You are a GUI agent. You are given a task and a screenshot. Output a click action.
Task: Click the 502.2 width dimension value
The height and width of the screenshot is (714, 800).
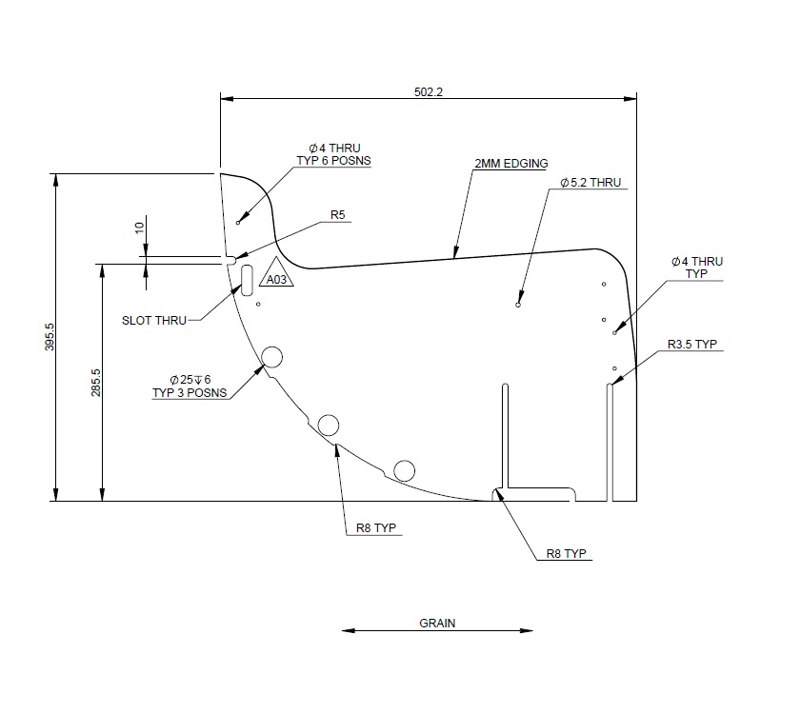click(430, 91)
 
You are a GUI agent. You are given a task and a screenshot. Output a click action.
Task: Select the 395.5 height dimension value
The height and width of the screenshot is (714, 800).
click(50, 338)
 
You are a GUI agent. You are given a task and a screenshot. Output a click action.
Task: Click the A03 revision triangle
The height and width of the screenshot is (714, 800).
click(275, 276)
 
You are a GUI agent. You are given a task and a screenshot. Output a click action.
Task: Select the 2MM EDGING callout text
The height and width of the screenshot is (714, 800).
click(511, 164)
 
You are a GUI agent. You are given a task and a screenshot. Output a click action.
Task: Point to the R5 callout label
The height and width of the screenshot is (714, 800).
click(337, 215)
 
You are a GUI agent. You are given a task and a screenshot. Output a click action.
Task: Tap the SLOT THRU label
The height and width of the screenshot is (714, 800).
click(154, 320)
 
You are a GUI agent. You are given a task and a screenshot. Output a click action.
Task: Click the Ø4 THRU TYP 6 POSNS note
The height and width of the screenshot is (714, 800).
click(333, 154)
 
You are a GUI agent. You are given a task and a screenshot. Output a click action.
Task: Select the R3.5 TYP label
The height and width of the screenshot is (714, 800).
click(691, 345)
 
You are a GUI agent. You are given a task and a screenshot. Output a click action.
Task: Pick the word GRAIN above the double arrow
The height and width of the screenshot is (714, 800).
click(437, 624)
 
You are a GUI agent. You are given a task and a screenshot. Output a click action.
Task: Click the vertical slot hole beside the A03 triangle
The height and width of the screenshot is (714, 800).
click(247, 278)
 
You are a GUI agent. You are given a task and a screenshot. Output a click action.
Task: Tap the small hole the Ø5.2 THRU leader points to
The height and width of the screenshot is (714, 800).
click(517, 306)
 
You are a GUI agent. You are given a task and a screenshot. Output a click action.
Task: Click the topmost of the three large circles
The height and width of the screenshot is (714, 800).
click(271, 357)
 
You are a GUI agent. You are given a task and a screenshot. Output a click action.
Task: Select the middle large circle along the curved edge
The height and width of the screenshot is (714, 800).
click(330, 425)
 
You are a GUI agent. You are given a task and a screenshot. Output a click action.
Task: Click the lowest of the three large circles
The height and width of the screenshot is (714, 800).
click(404, 469)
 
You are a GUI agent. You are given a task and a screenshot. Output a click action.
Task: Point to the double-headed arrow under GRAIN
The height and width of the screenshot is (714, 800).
click(437, 630)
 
